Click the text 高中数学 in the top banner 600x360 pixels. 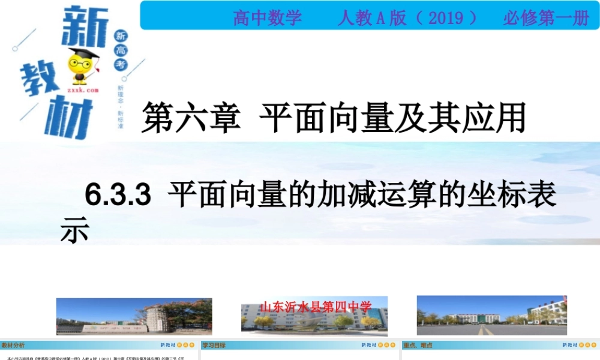point(268,18)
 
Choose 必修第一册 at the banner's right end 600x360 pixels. point(546,18)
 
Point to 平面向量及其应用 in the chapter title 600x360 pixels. point(393,118)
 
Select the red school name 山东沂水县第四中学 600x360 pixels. point(316,307)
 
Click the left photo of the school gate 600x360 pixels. point(134,316)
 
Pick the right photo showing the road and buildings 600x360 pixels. point(491,316)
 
